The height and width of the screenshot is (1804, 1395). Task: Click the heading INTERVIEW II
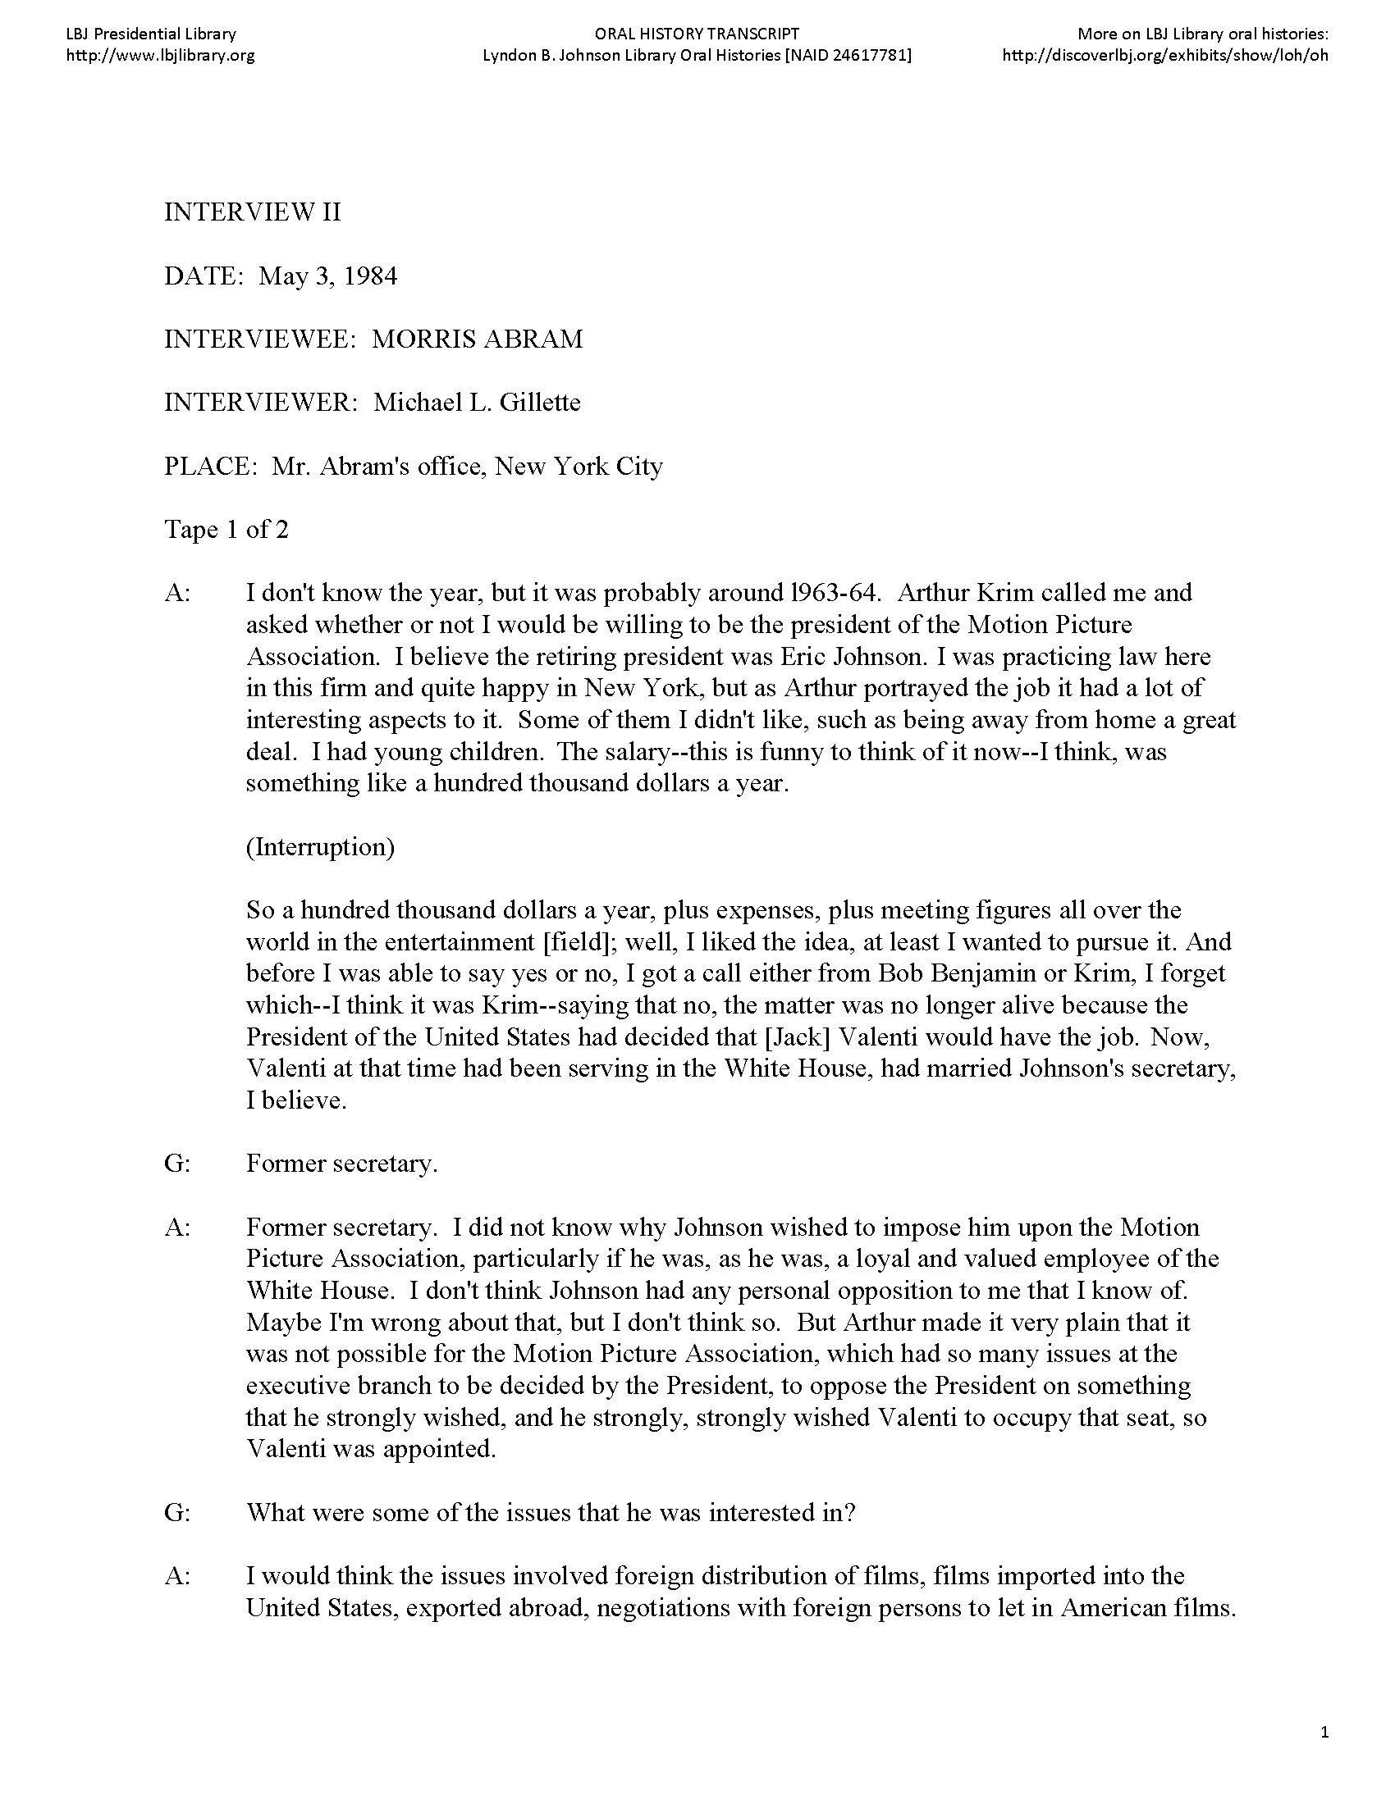click(252, 213)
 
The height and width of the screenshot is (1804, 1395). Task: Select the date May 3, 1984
click(327, 276)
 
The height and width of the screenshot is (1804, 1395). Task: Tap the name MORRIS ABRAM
click(477, 339)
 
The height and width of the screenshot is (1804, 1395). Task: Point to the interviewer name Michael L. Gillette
click(477, 403)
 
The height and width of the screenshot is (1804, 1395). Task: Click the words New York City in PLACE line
click(579, 467)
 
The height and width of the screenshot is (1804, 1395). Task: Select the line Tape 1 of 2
click(226, 530)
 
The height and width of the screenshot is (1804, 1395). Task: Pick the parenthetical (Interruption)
click(320, 847)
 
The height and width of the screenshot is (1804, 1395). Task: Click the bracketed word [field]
click(579, 941)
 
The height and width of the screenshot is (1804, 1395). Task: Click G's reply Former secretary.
click(341, 1164)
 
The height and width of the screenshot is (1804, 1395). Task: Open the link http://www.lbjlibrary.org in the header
click(159, 55)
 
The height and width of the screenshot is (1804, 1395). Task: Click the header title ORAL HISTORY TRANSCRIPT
click(697, 34)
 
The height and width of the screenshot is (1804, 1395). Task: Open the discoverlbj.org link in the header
click(1164, 55)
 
